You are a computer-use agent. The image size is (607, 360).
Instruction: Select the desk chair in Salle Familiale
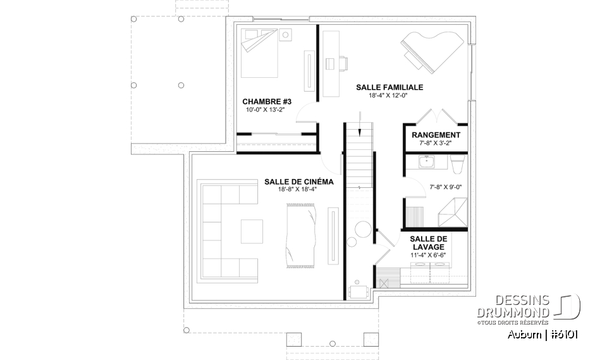coord(344,63)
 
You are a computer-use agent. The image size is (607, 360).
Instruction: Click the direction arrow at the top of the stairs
coord(359,123)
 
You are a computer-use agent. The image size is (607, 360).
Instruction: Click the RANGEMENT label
coord(436,135)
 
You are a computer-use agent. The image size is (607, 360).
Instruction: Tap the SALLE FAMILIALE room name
coord(389,87)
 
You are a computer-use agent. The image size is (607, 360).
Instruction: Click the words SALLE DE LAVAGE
coord(429,242)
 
